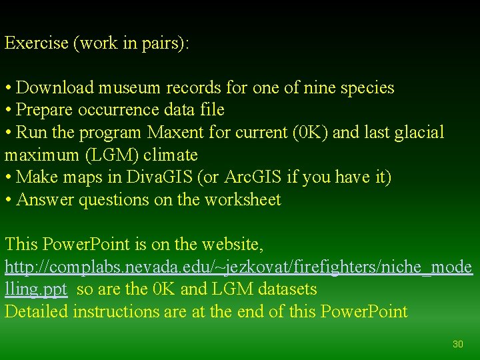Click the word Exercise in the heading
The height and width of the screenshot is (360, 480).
(x=37, y=43)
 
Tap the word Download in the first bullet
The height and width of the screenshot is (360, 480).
(x=57, y=87)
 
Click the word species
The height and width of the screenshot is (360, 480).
(x=368, y=87)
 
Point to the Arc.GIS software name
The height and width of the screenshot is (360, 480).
(x=257, y=177)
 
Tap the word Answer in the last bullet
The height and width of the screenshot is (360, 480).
(x=45, y=200)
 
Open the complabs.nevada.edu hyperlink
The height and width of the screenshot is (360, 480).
(x=238, y=267)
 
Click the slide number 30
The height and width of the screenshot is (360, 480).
(x=457, y=344)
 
